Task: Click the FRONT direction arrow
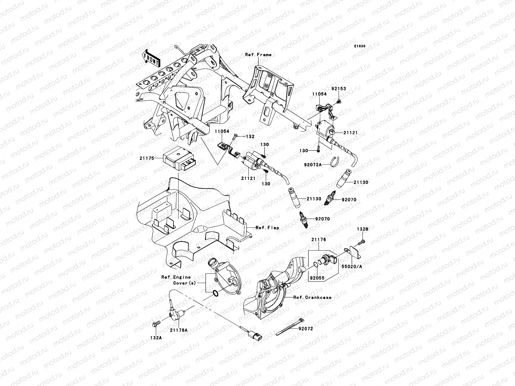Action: [x=151, y=58]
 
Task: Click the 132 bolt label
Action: [x=250, y=136]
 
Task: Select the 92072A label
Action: [x=313, y=165]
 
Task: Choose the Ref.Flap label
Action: [x=267, y=228]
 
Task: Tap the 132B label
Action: [x=362, y=229]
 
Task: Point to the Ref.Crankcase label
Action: [x=312, y=298]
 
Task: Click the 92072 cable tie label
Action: [x=305, y=329]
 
